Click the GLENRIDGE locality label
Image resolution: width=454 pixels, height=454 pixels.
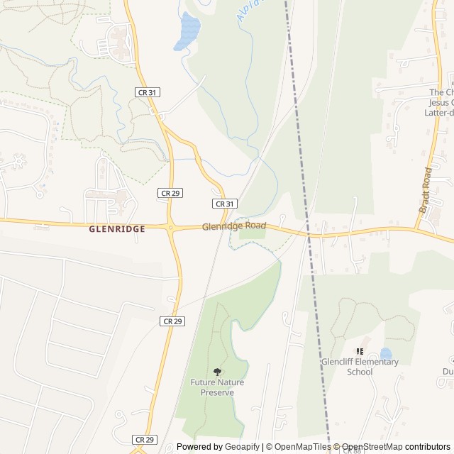point(117,229)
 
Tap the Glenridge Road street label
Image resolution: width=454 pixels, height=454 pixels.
point(234,226)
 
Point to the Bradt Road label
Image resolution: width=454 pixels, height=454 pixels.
point(426,189)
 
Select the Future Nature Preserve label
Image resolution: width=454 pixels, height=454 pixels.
point(217,387)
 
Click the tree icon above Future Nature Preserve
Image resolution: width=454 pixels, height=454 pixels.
point(217,372)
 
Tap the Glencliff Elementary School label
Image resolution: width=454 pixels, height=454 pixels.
point(360,367)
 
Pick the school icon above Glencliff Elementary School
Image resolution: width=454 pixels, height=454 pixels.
point(360,351)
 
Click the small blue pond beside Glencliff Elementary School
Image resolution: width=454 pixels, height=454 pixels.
point(385,353)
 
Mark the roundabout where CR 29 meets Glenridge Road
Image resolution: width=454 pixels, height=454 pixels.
point(171,228)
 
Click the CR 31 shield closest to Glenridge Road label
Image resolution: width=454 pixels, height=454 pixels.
point(224,204)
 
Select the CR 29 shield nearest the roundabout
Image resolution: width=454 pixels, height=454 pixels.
point(170,193)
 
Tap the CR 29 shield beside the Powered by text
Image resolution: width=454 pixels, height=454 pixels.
point(144,440)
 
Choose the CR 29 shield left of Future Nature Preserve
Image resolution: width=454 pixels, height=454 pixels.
point(172,321)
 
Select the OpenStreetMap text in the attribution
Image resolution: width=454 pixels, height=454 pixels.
point(372,447)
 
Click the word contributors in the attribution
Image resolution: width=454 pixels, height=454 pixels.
point(428,447)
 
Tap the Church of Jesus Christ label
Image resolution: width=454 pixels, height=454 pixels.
point(441,102)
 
